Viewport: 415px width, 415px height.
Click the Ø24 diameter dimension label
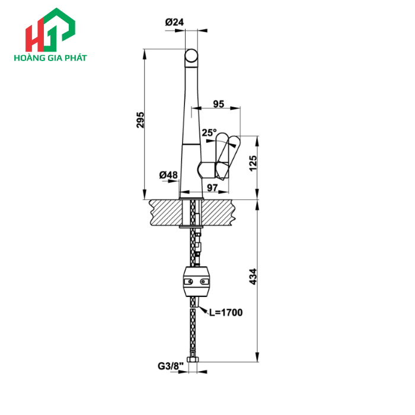(175, 22)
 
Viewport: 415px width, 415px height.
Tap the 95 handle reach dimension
(218, 104)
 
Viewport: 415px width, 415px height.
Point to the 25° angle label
(209, 133)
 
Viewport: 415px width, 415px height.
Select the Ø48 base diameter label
(168, 175)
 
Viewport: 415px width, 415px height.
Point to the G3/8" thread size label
(169, 366)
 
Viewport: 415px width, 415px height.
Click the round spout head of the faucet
(191, 58)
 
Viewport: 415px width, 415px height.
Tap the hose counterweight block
(196, 280)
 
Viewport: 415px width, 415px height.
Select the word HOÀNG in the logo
(27, 58)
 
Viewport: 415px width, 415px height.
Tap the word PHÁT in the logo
(75, 58)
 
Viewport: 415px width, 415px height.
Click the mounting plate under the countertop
(191, 226)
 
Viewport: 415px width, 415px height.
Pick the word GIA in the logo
(53, 58)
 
